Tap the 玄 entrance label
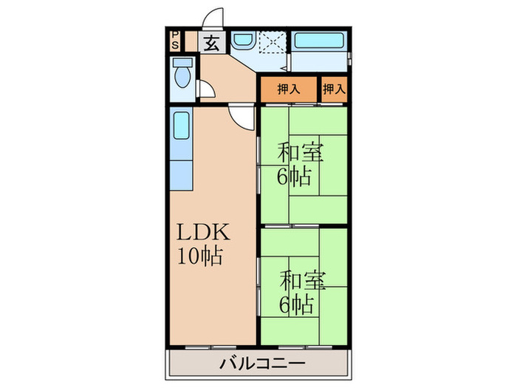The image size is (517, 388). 211,42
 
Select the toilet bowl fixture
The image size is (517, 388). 182,75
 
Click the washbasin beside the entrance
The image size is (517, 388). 242,41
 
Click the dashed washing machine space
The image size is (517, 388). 273,42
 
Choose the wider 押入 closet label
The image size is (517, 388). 288,89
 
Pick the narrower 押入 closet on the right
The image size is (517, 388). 334,89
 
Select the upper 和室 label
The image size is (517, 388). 299,153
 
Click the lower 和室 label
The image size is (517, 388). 302,279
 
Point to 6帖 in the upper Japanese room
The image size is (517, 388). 294,177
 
